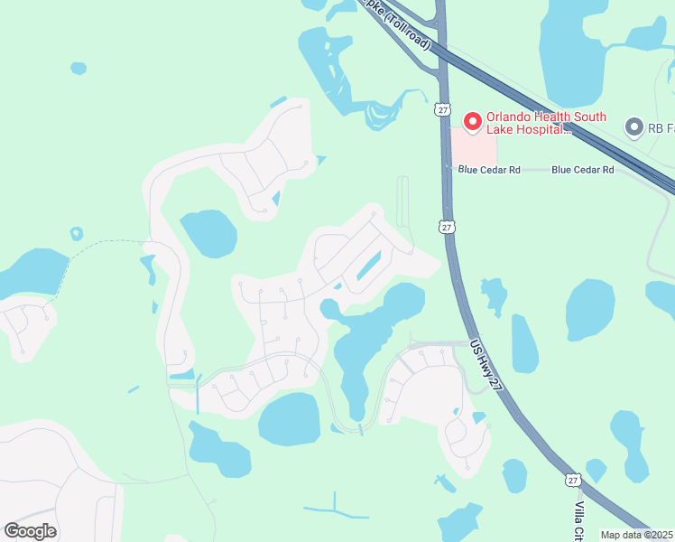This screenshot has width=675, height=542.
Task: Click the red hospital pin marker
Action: click(471, 120)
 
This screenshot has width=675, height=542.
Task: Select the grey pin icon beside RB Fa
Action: click(633, 128)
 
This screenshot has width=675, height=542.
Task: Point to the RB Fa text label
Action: click(661, 128)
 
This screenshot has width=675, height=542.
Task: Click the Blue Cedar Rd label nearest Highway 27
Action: click(489, 169)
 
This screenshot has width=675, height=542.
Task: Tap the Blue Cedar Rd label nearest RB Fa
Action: click(582, 169)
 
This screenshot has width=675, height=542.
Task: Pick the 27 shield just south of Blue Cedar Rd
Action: click(448, 227)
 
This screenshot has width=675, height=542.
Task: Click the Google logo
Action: click(31, 530)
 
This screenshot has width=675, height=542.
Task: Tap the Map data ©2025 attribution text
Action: click(637, 535)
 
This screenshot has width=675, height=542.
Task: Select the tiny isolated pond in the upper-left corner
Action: click(79, 68)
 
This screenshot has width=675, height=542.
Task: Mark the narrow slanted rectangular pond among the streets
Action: click(367, 266)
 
